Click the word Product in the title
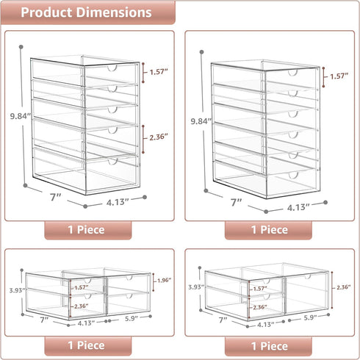coord(46,12)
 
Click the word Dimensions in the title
coord(114,12)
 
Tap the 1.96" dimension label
coord(164,281)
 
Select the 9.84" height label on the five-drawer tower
coord(21,116)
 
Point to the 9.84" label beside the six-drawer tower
coord(201,121)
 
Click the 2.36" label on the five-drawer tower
coord(159,137)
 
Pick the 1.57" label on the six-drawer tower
coord(339,76)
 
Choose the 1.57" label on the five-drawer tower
coord(159,72)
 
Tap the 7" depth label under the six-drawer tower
coord(237,202)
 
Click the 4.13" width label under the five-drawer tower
coord(118,202)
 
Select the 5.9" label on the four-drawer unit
coord(132,319)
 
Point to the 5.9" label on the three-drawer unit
coord(310,317)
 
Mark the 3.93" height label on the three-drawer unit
coord(196,287)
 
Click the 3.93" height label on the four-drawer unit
coord(18,290)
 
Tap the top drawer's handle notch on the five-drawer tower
coord(112,68)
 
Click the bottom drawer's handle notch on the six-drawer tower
coord(293,176)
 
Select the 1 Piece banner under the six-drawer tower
coord(268,230)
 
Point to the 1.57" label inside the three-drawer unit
coord(260,289)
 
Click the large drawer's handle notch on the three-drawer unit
coord(307,277)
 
